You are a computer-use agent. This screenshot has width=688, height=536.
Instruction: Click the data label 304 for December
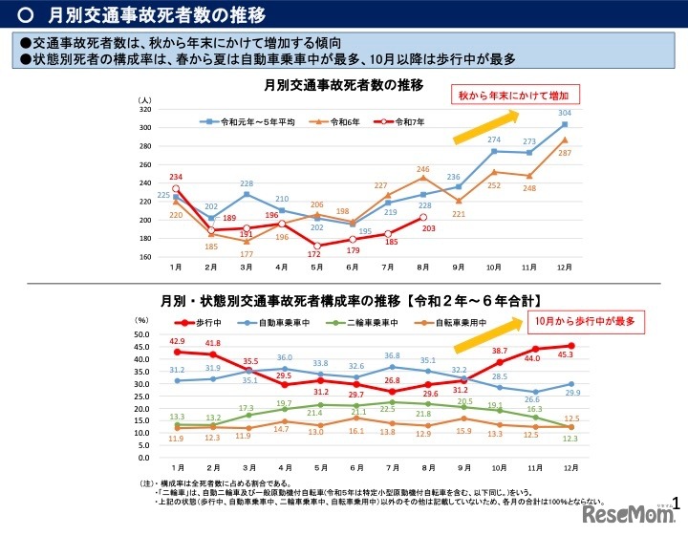(x=565, y=113)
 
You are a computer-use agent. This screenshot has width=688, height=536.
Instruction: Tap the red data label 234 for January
(x=176, y=178)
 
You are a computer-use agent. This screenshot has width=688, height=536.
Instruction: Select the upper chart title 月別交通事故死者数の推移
(x=343, y=85)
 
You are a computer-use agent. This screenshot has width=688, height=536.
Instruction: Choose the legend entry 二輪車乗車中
(x=373, y=323)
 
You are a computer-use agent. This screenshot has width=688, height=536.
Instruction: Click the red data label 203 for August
(x=428, y=227)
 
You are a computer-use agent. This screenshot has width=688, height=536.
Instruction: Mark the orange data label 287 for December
(x=565, y=153)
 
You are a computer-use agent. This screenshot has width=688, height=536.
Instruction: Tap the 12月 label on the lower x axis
(x=570, y=468)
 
